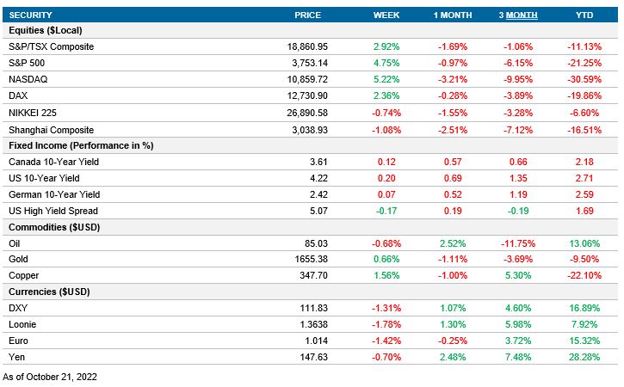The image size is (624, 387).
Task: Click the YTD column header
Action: (x=584, y=15)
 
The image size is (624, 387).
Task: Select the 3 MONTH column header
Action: (x=518, y=15)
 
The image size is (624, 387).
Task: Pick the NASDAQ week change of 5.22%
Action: (x=386, y=79)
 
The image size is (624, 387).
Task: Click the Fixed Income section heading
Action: (x=80, y=145)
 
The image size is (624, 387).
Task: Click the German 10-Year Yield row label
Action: (x=53, y=194)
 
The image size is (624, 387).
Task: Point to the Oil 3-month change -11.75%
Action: (x=518, y=243)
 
